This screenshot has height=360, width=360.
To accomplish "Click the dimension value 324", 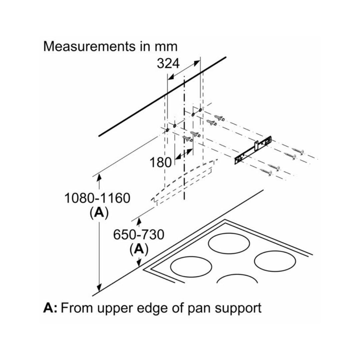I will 168,63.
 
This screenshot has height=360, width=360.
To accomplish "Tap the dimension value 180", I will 160,162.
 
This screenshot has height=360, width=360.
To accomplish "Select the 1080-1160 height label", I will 97,198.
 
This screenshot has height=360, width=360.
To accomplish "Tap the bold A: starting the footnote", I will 50,308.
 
